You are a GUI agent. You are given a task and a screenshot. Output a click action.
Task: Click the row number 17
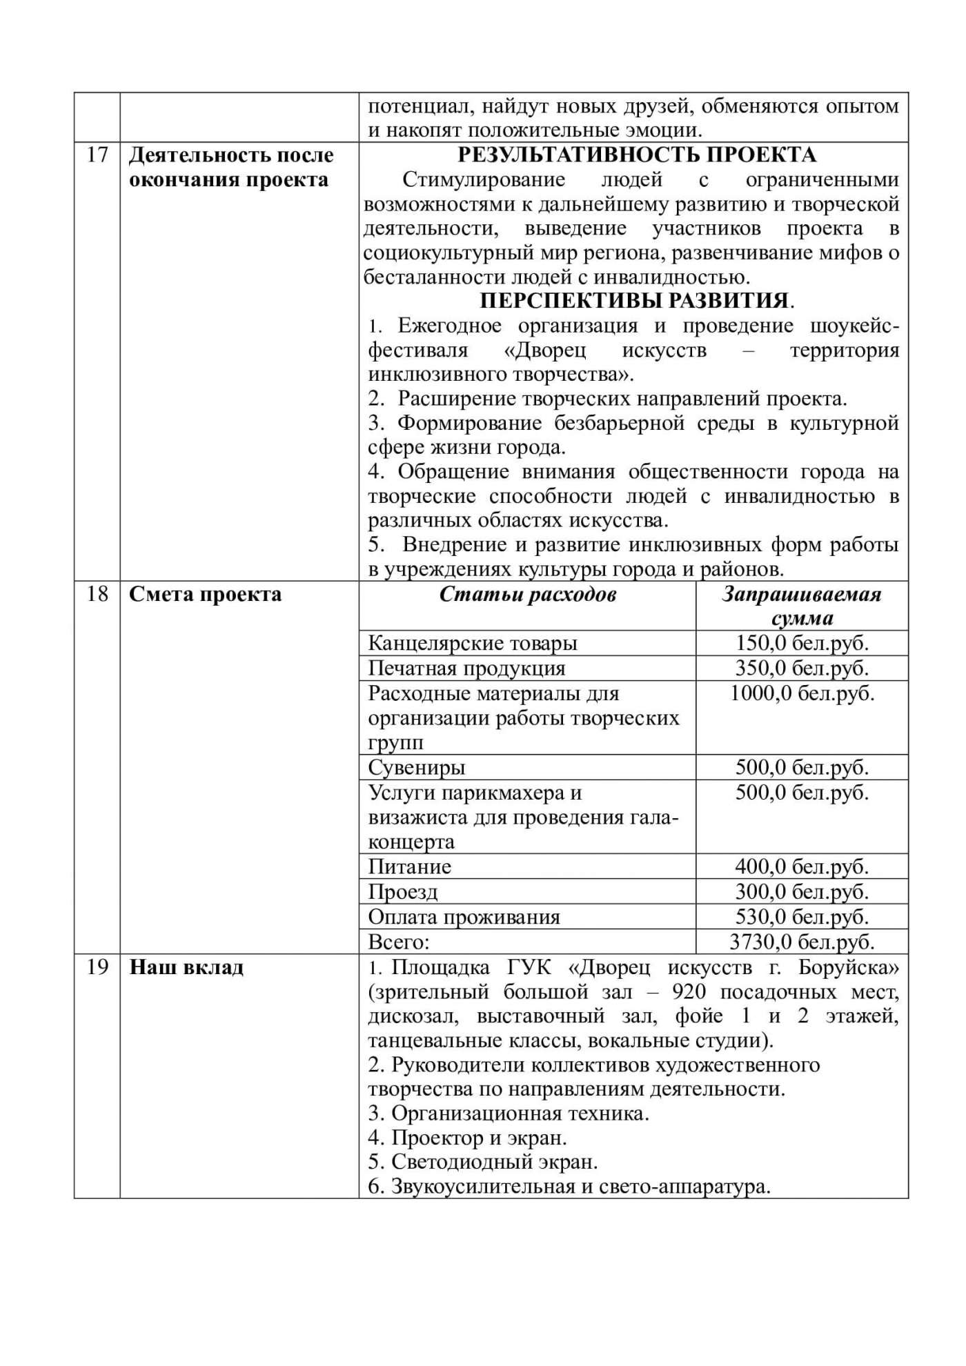97,155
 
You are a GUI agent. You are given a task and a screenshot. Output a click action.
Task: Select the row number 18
97,594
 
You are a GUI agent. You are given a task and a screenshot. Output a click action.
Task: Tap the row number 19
97,967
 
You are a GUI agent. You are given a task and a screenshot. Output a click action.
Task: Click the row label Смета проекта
205,594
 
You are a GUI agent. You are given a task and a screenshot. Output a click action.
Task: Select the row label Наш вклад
186,967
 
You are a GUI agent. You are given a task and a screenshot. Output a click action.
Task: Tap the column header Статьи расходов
527,595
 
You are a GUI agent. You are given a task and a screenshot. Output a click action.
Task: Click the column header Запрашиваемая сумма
802,606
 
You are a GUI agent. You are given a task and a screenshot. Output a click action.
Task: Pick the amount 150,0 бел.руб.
802,643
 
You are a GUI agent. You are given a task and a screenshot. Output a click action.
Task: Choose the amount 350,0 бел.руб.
802,668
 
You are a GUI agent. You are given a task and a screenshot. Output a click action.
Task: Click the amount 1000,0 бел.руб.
802,693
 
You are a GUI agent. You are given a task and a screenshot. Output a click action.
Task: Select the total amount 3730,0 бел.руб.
802,942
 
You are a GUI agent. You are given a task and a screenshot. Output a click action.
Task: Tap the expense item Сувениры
416,767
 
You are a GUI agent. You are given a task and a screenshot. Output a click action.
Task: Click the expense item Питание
409,867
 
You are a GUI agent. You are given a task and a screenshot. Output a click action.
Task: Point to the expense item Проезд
402,892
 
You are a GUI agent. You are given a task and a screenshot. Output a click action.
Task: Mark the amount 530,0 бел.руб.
802,917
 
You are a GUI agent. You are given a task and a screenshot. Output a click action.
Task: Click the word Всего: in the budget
398,942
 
